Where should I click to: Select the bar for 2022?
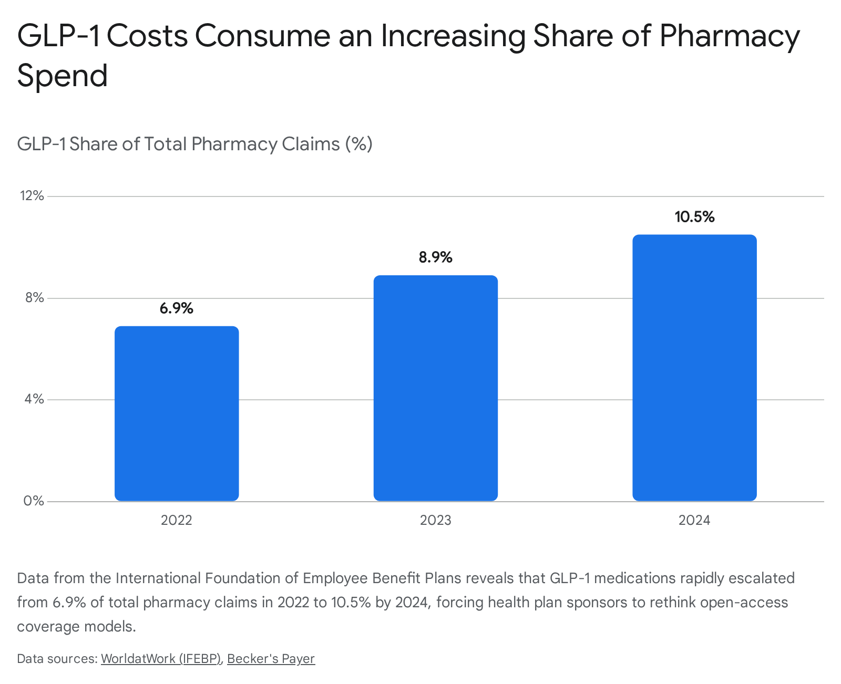pyautogui.click(x=177, y=413)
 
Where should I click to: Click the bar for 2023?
pyautogui.click(x=436, y=388)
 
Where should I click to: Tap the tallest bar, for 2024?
pyautogui.click(x=694, y=368)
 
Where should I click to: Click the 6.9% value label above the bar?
pyautogui.click(x=177, y=308)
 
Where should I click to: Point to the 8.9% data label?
pyautogui.click(x=436, y=257)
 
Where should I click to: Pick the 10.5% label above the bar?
pyautogui.click(x=694, y=216)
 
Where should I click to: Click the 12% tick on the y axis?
pyautogui.click(x=32, y=196)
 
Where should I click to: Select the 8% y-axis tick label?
pyautogui.click(x=34, y=297)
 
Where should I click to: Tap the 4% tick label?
pyautogui.click(x=34, y=399)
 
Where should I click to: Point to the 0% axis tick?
pyautogui.click(x=34, y=501)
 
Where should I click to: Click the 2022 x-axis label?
pyautogui.click(x=177, y=520)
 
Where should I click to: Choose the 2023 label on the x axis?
pyautogui.click(x=436, y=520)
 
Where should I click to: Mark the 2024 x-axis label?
pyautogui.click(x=694, y=520)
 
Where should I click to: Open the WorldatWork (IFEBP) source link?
pyautogui.click(x=161, y=658)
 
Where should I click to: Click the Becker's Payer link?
pyautogui.click(x=271, y=658)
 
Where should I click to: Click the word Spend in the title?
pyautogui.click(x=63, y=76)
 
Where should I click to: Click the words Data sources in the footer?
pyautogui.click(x=57, y=658)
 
